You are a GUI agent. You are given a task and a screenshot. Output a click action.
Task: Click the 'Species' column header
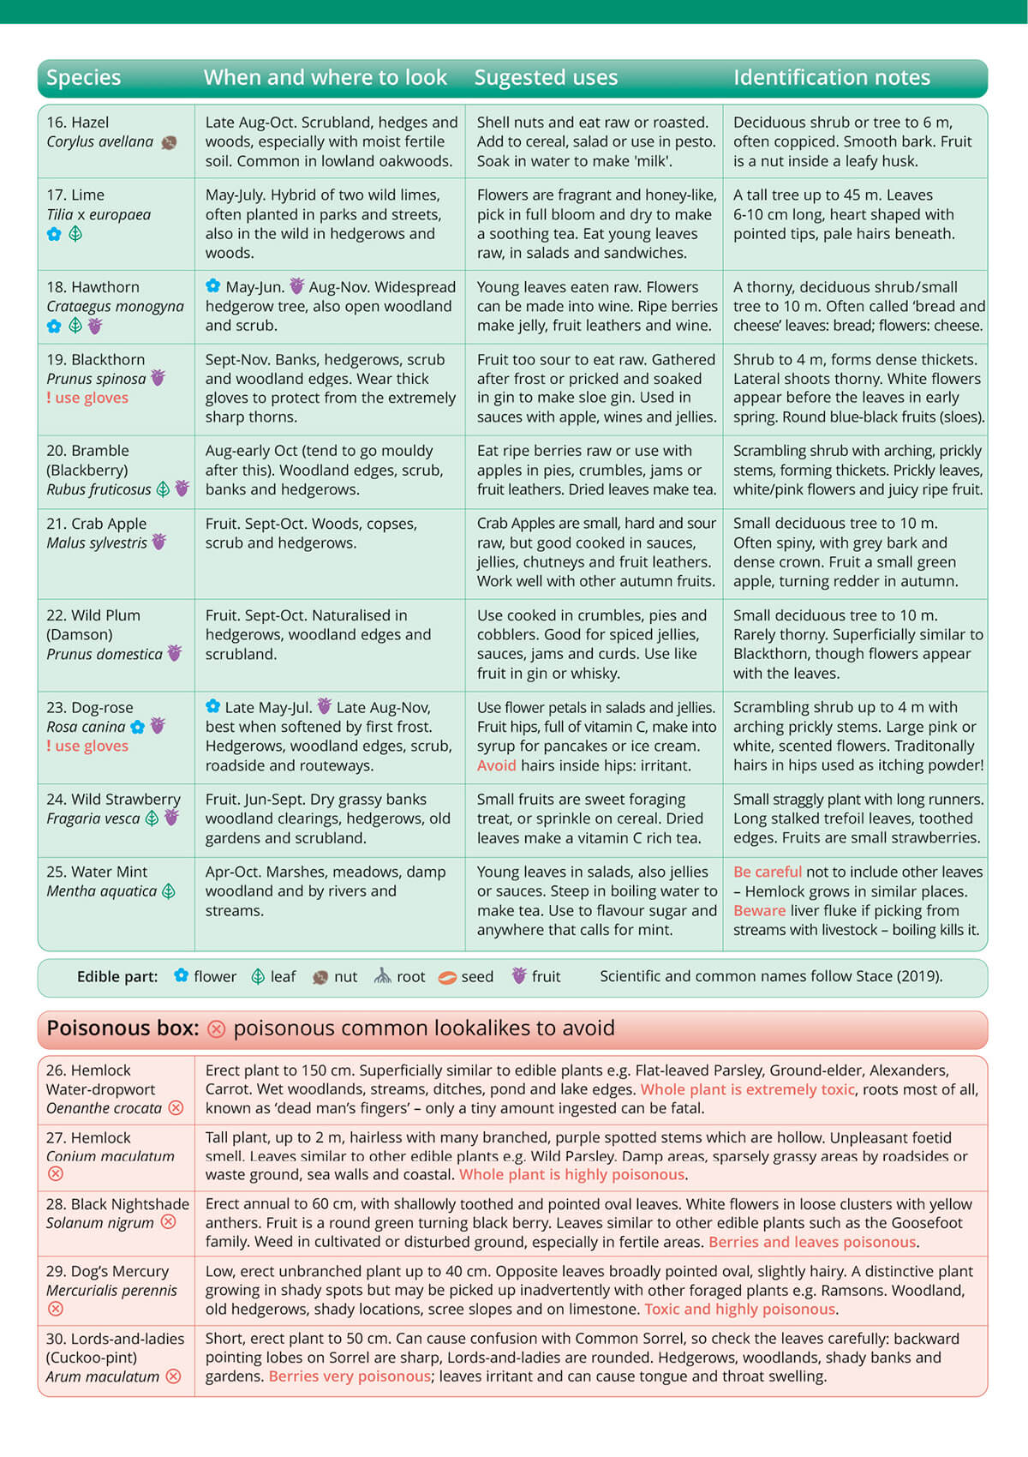[83, 78]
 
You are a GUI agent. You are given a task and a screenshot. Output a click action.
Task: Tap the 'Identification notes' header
[831, 78]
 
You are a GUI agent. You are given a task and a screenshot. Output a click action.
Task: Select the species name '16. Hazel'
[78, 123]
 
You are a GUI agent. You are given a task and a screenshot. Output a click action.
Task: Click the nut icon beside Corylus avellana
[169, 142]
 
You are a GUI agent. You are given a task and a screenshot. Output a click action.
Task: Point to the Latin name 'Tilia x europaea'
[99, 214]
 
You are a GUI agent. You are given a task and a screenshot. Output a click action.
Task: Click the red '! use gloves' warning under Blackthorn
[87, 398]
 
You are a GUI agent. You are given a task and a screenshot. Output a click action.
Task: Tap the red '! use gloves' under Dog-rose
[87, 746]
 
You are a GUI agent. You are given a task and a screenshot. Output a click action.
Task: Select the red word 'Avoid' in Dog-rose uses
[496, 765]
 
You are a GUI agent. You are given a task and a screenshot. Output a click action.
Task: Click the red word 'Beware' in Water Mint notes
[759, 910]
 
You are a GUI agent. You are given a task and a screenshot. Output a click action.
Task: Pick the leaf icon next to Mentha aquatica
[169, 891]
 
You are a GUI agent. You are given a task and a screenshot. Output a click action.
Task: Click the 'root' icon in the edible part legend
[382, 976]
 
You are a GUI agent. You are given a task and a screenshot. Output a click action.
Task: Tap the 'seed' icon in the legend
[447, 977]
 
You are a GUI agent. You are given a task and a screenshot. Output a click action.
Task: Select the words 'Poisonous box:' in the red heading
[123, 1028]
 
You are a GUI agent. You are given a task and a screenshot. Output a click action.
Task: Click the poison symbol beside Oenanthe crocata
[176, 1108]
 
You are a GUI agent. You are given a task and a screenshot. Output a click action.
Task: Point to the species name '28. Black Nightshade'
[117, 1204]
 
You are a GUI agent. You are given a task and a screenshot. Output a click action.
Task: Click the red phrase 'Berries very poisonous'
[350, 1376]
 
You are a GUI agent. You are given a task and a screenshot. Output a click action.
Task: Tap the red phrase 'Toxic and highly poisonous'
[739, 1310]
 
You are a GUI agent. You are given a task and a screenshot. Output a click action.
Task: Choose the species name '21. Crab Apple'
[96, 524]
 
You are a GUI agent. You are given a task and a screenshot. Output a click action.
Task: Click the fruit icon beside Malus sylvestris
[159, 543]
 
